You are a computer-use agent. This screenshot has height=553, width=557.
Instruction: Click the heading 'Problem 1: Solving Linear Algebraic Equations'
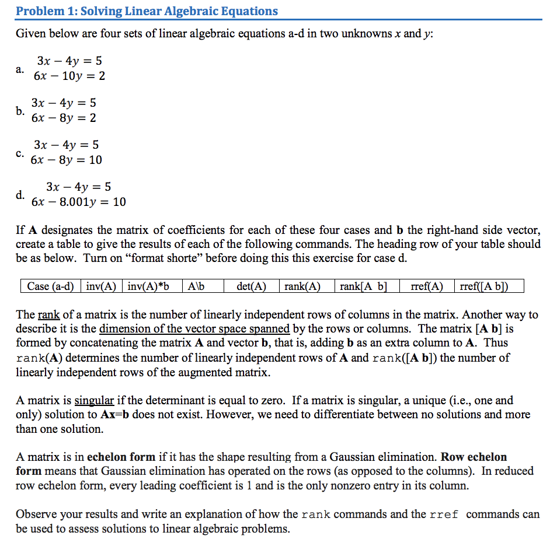(x=147, y=11)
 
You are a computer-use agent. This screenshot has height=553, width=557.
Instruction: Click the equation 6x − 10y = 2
(x=69, y=76)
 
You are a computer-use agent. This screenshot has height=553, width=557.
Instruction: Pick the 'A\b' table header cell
(x=194, y=286)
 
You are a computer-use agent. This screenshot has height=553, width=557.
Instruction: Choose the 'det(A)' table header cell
(x=251, y=286)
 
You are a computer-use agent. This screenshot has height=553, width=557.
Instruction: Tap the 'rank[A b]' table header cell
(x=363, y=286)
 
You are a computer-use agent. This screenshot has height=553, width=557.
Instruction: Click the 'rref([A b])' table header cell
(x=484, y=286)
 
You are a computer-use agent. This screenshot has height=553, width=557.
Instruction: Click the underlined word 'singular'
(x=94, y=401)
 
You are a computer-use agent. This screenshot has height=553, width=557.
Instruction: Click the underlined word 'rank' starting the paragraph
(x=49, y=315)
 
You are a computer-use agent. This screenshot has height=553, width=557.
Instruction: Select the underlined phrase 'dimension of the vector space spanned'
(x=194, y=329)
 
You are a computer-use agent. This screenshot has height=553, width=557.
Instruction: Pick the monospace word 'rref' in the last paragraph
(x=444, y=514)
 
